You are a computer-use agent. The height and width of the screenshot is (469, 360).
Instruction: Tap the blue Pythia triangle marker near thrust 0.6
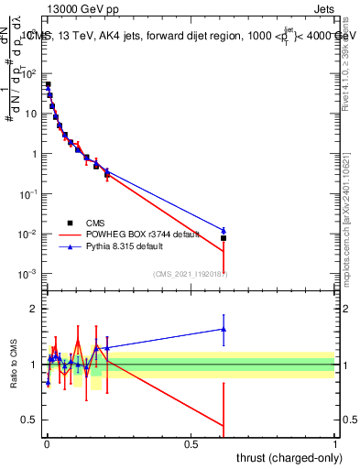coord(224,230)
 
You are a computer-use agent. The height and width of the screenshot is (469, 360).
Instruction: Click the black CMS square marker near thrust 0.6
coord(224,238)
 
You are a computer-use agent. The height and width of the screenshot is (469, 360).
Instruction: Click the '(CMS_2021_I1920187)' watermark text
coord(190,274)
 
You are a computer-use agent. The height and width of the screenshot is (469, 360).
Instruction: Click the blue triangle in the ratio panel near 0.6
coord(224,329)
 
